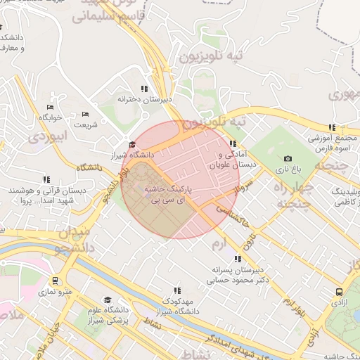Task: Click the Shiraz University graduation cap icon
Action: [131, 144]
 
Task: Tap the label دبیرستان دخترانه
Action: [144, 100]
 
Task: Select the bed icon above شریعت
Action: [86, 115]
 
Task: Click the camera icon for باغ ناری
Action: [288, 159]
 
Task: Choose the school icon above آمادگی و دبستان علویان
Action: [233, 143]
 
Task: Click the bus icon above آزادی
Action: [340, 292]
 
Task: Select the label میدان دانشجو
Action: [70, 240]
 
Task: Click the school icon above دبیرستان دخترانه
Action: [144, 89]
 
